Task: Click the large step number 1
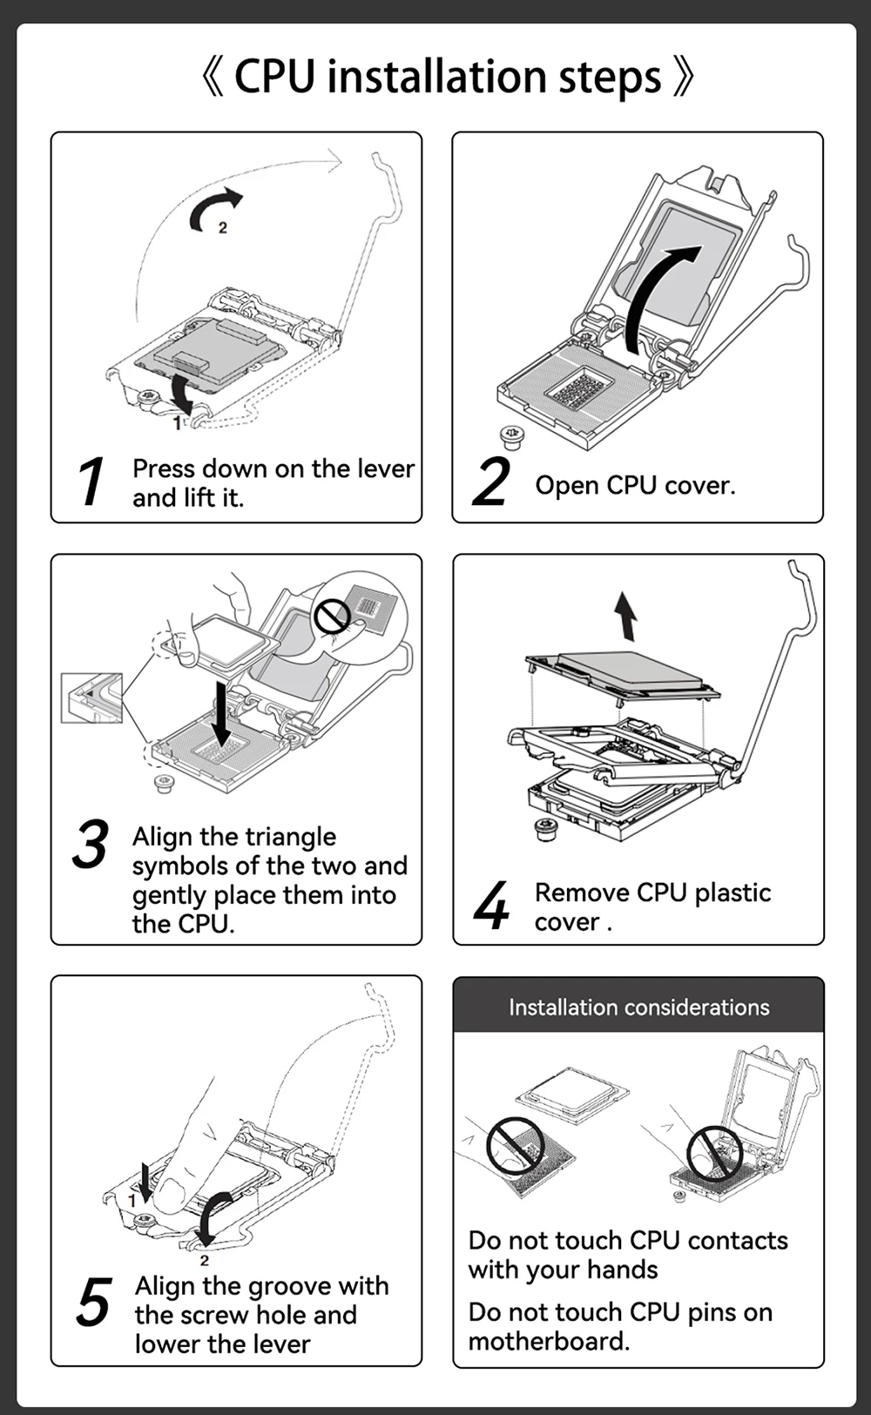pyautogui.click(x=91, y=482)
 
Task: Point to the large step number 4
pyautogui.click(x=492, y=905)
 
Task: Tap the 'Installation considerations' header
pyautogui.click(x=639, y=1007)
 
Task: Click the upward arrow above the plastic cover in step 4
pyautogui.click(x=626, y=616)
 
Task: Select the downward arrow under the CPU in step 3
pyautogui.click(x=221, y=713)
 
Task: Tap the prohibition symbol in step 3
pyautogui.click(x=333, y=616)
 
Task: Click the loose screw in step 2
pyautogui.click(x=511, y=437)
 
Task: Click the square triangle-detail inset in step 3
pyautogui.click(x=91, y=698)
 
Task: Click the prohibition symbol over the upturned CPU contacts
pyautogui.click(x=516, y=1143)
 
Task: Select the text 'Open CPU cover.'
pyautogui.click(x=635, y=485)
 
